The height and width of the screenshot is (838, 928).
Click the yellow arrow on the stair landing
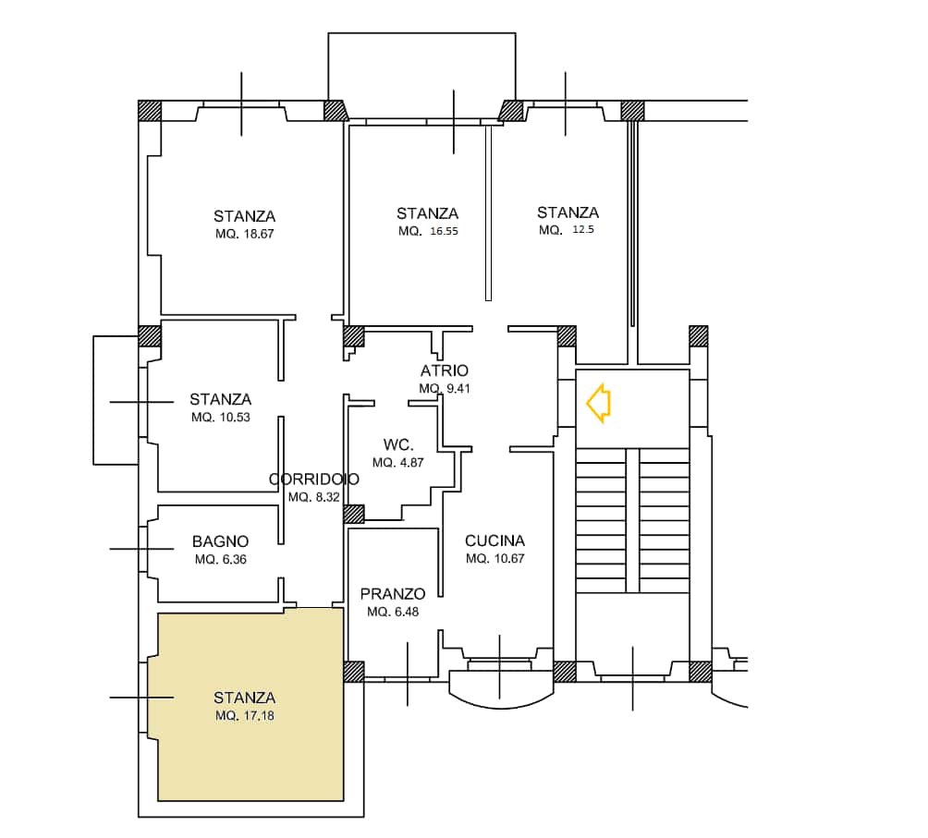[x=598, y=403]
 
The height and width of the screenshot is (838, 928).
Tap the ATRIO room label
[x=445, y=370]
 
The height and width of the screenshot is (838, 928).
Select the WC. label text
[x=398, y=444]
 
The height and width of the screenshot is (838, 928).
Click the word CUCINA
[x=495, y=540]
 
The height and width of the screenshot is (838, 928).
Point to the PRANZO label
[x=393, y=594]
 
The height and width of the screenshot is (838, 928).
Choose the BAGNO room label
[x=220, y=541]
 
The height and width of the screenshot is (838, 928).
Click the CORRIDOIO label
[x=313, y=479]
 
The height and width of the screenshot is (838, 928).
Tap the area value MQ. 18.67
[x=244, y=234]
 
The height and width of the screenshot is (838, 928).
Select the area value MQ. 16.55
[x=428, y=231]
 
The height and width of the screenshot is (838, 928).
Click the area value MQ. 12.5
[x=567, y=230]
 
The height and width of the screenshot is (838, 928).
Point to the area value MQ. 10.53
[x=221, y=418]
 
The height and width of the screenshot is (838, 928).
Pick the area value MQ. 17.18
[x=244, y=716]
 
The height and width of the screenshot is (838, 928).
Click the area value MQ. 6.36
[x=221, y=560]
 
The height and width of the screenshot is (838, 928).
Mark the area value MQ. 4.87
[x=398, y=463]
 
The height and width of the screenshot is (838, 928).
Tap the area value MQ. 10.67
[x=495, y=559]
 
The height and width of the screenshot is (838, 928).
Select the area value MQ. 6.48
[x=393, y=612]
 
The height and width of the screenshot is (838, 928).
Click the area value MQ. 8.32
[x=314, y=497]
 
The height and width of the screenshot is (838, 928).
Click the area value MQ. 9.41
[x=445, y=389]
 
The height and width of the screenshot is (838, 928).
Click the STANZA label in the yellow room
[x=244, y=698]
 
